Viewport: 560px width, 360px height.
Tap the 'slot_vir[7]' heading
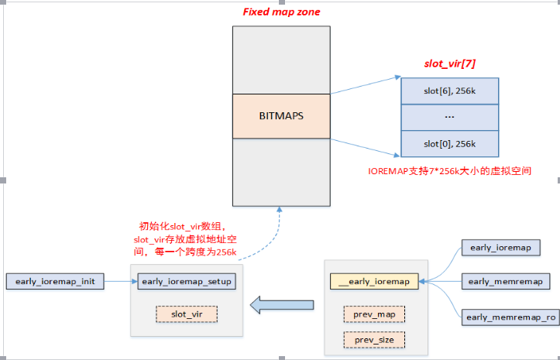coord(450,63)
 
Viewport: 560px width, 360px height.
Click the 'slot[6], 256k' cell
coord(449,91)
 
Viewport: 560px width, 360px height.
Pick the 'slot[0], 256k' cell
coord(449,143)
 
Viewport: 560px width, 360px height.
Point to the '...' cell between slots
coord(449,117)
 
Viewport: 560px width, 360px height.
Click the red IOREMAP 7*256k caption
coord(448,170)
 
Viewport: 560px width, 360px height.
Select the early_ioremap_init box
coord(55,281)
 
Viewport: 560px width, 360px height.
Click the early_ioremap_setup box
coord(188,281)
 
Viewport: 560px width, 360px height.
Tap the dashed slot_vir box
coord(187,314)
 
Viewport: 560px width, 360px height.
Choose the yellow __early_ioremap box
coord(374,281)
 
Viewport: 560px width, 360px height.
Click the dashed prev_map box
coord(374,314)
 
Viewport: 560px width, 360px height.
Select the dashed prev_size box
coord(374,339)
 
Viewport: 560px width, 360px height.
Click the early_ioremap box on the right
coord(500,248)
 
